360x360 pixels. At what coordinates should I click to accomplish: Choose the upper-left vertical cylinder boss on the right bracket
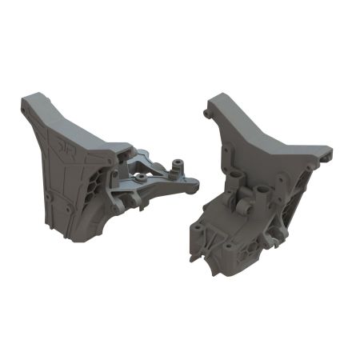pos(234,174)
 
